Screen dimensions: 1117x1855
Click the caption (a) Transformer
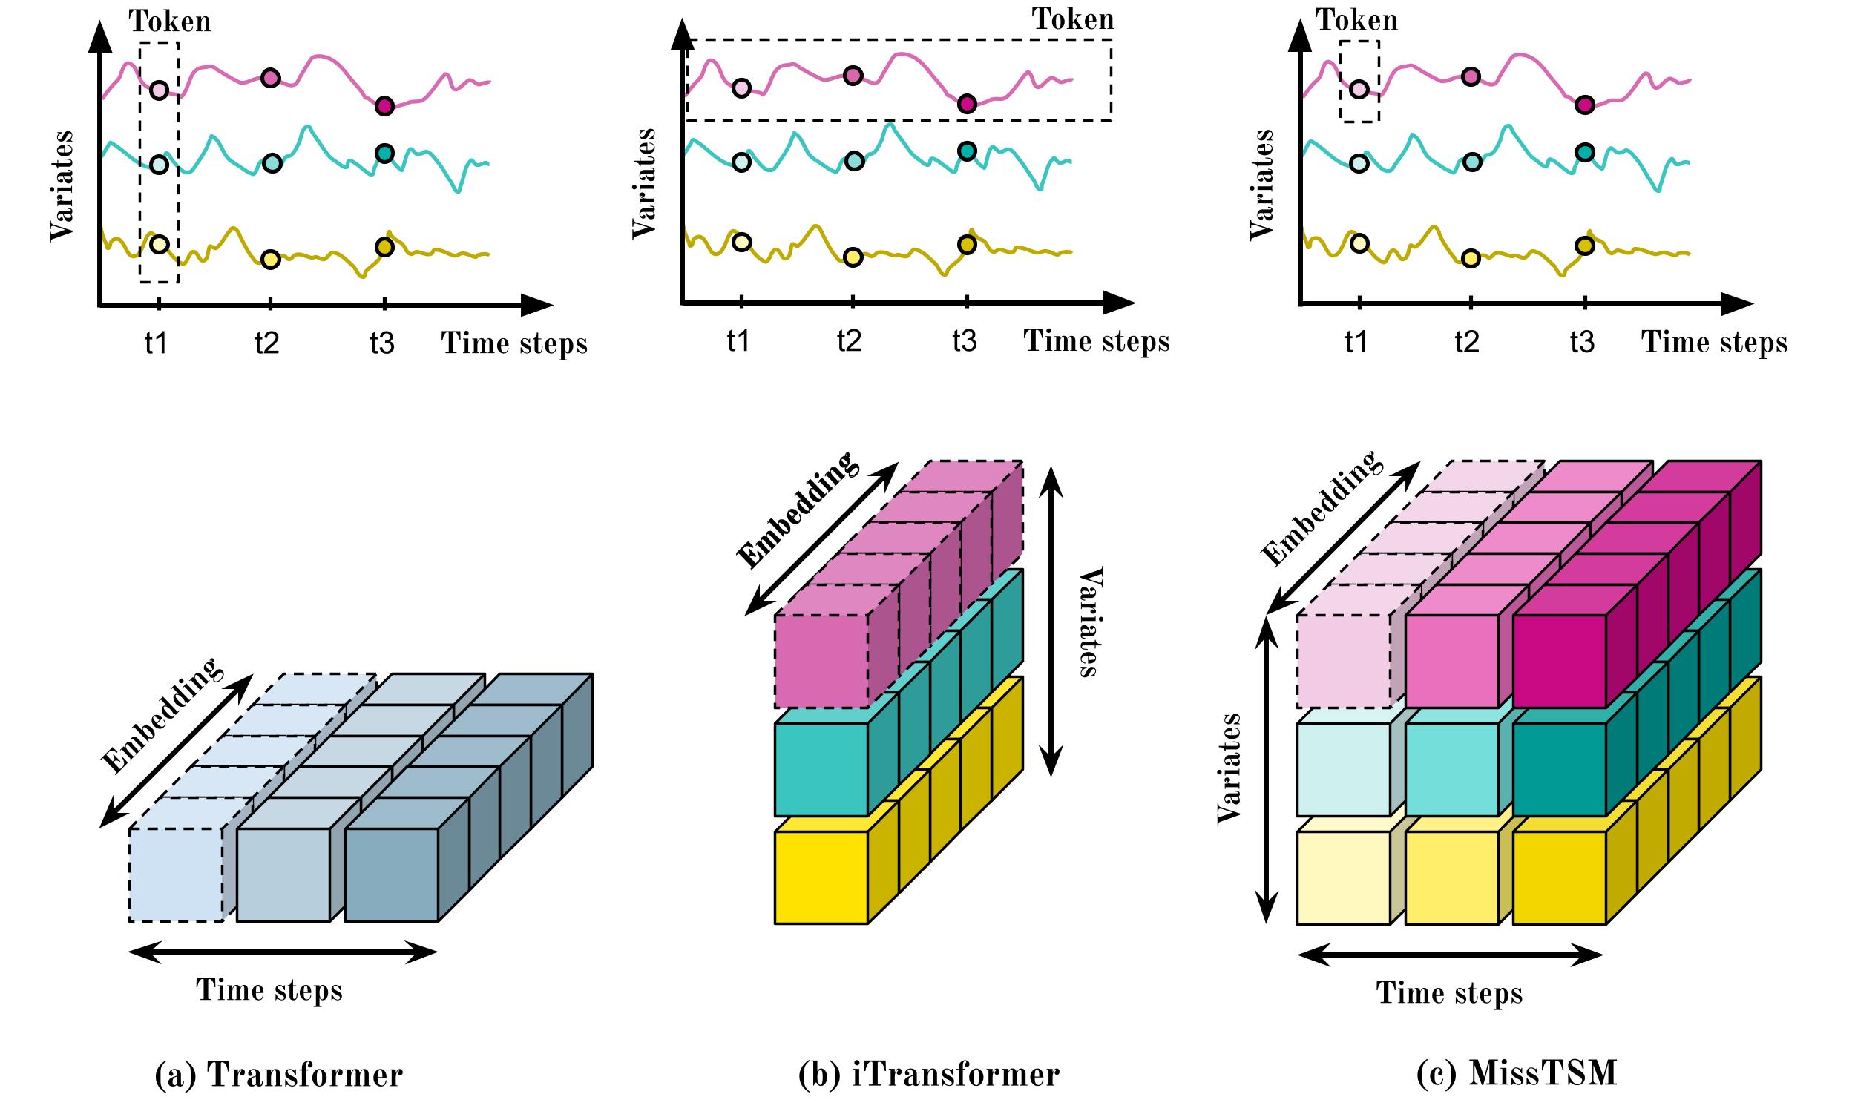point(278,1074)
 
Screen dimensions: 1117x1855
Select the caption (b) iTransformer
point(928,1074)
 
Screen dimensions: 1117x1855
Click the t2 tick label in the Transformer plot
point(266,344)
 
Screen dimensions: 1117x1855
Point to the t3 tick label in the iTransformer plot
point(965,342)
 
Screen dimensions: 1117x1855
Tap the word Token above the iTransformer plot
point(1072,19)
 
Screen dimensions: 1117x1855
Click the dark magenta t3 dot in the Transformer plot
point(384,106)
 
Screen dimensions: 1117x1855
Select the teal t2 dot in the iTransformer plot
point(854,161)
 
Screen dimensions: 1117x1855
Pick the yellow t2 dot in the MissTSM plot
point(1471,258)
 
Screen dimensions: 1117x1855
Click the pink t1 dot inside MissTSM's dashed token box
point(1359,90)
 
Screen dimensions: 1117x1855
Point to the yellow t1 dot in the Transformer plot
point(159,244)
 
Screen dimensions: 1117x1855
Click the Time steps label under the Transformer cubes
point(269,989)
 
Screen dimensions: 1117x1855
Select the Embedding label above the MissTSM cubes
point(1322,508)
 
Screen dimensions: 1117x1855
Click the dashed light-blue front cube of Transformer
point(175,874)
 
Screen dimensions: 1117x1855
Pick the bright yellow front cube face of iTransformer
point(821,877)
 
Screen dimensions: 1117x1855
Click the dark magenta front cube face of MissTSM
point(1559,661)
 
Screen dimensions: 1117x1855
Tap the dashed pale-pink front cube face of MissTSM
point(1344,661)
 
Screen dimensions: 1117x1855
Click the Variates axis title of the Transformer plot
point(62,186)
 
